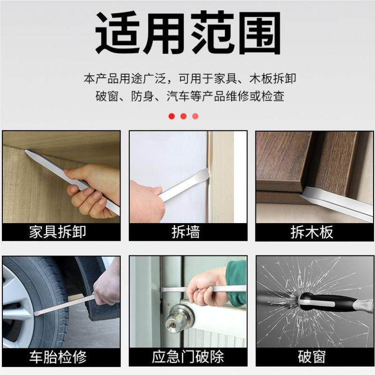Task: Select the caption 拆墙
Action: [x=187, y=232]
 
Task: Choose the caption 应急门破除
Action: [x=187, y=357]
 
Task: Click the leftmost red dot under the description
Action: [x=172, y=116]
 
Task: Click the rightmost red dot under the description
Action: [x=195, y=116]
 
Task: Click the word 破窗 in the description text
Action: [x=107, y=97]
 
